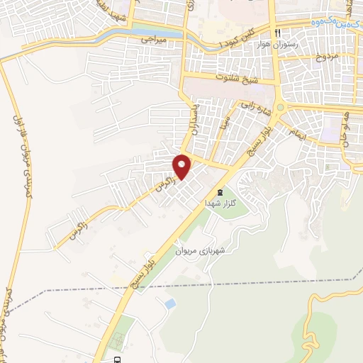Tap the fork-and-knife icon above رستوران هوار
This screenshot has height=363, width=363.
point(277,33)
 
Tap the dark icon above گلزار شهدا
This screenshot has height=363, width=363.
point(219,191)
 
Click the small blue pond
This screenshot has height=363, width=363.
point(170,303)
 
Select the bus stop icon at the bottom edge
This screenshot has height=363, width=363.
point(116,359)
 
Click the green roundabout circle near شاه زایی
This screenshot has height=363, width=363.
point(280,108)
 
